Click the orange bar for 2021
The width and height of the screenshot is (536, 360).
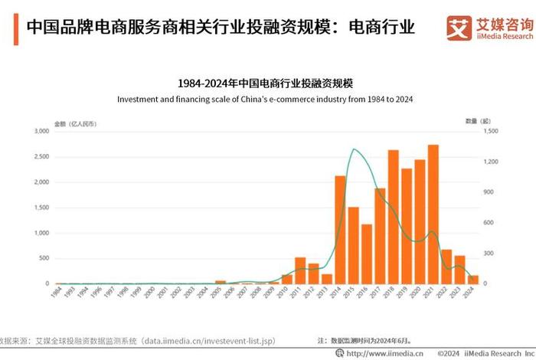433,214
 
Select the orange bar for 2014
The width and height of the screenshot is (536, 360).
341,230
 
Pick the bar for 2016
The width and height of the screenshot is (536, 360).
367,254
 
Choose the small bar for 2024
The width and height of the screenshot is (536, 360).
472,280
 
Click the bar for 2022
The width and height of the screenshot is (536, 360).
446,267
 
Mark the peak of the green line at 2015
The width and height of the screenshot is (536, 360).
354,149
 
